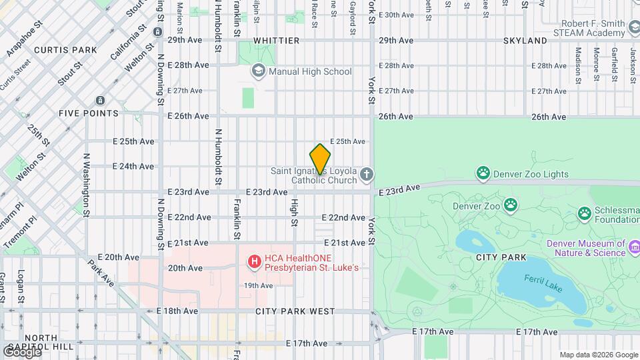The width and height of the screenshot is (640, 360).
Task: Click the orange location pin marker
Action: point(320,159)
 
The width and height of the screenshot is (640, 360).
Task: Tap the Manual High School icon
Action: point(258,71)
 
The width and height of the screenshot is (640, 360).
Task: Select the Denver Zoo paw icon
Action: point(511,205)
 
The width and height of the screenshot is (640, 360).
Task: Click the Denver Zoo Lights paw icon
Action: point(483,174)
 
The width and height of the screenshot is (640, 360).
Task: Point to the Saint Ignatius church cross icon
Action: point(366,175)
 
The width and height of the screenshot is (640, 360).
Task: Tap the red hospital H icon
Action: point(254,263)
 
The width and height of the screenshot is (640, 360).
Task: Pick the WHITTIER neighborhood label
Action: point(275,41)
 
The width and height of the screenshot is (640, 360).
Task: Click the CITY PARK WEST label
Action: point(295,311)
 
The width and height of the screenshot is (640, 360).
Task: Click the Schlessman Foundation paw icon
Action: point(585,213)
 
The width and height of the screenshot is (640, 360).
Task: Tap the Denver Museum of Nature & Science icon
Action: point(633,248)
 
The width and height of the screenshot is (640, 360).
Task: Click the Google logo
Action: point(22,351)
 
